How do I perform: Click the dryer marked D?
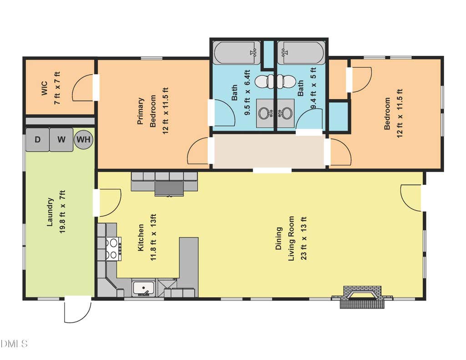pyautogui.click(x=37, y=139)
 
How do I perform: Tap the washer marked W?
pyautogui.click(x=61, y=139)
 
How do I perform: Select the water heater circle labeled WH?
pyautogui.click(x=84, y=139)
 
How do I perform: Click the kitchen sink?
pyautogui.click(x=143, y=288)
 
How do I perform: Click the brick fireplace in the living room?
pyautogui.click(x=362, y=297)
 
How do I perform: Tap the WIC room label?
pyautogui.click(x=44, y=88)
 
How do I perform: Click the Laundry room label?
pyautogui.click(x=50, y=212)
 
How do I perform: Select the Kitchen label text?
pyautogui.click(x=141, y=237)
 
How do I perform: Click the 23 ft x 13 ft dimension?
pyautogui.click(x=304, y=238)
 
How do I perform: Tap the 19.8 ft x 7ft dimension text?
pyautogui.click(x=62, y=212)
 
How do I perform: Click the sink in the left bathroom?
pyautogui.click(x=265, y=113)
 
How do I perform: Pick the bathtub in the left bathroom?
pyautogui.click(x=237, y=53)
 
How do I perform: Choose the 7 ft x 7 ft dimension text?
pyautogui.click(x=57, y=88)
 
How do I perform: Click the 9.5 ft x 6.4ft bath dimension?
pyautogui.click(x=247, y=92)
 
